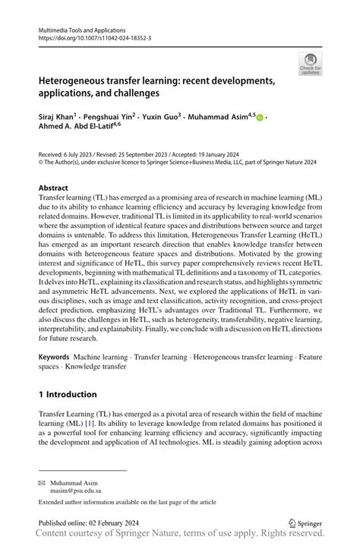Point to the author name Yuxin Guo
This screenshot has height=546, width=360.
tap(161, 118)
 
